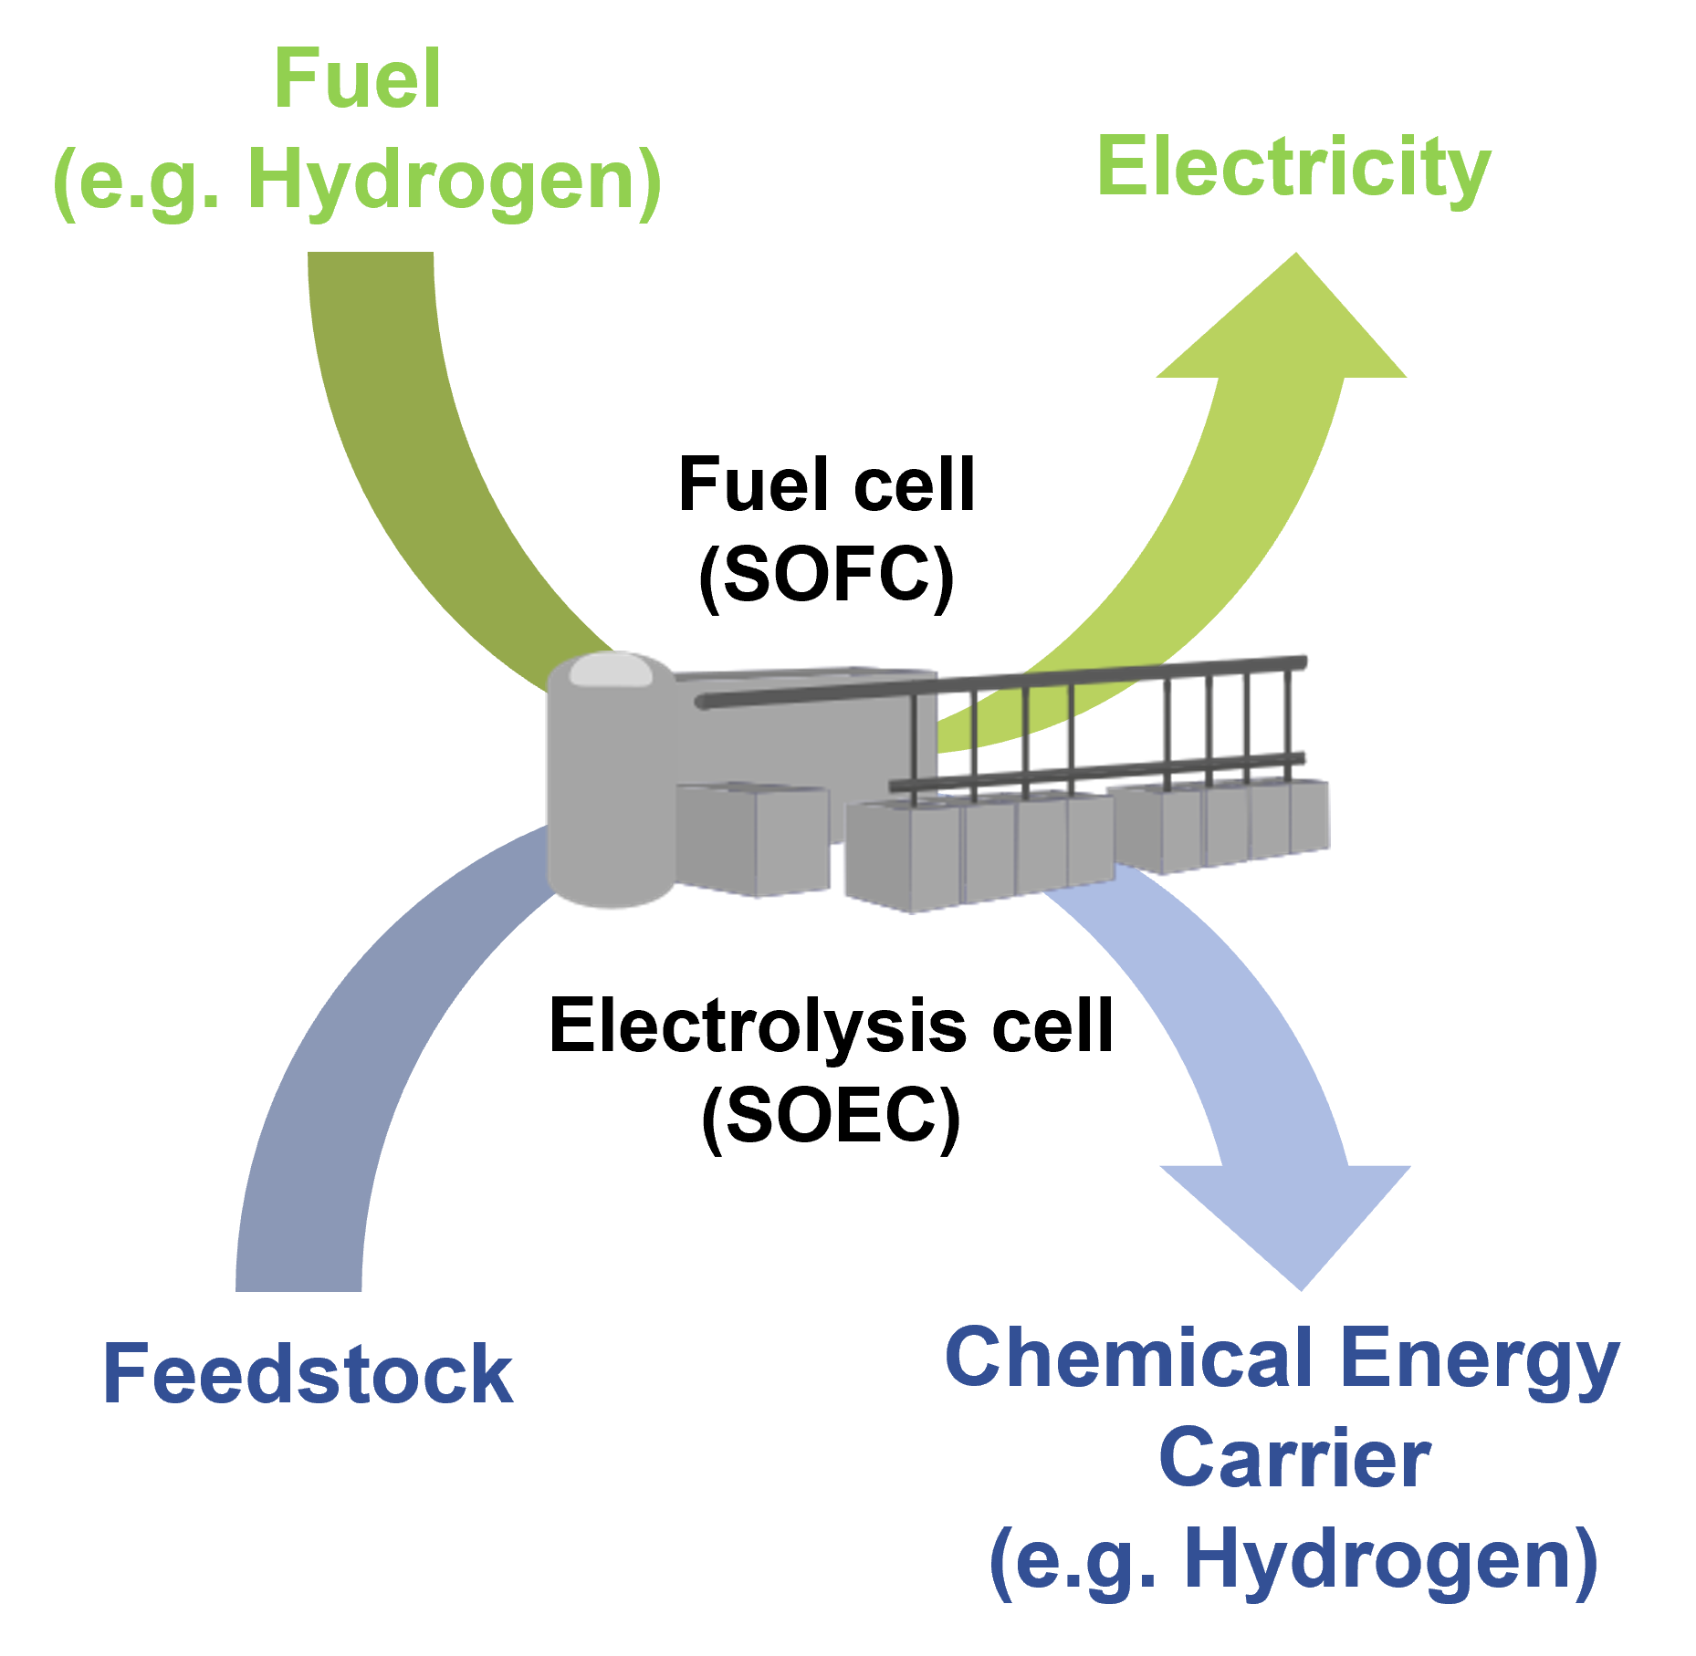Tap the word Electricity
1293,169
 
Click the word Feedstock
308,1374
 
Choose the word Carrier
1293,1459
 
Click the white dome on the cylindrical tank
610,671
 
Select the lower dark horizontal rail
1095,772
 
